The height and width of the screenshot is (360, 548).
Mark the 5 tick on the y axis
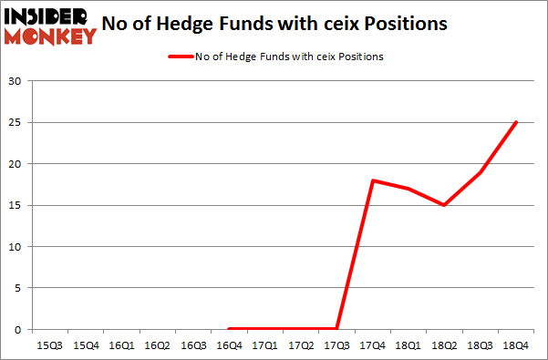tap(18, 288)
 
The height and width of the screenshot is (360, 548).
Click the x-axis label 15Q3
tap(50, 345)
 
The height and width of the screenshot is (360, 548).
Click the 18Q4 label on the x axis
tap(514, 345)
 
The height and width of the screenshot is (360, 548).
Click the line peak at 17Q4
tap(372, 180)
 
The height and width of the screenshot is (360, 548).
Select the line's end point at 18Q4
tap(515, 123)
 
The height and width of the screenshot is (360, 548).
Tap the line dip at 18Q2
tap(443, 205)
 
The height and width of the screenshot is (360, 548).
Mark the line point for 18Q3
tap(479, 172)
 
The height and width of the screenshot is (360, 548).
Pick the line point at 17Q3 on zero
tap(336, 329)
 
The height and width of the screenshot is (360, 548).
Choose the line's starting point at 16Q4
tap(229, 329)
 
